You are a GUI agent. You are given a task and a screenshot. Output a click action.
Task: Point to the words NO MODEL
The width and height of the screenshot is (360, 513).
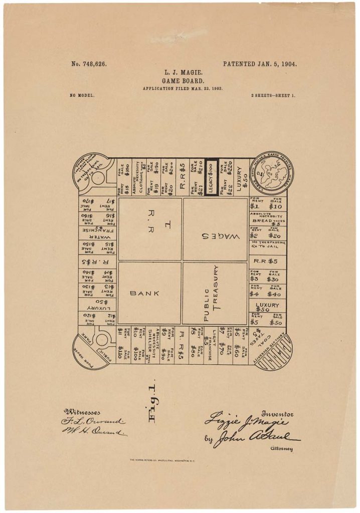82,95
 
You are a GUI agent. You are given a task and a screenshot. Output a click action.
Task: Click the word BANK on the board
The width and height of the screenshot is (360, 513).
144,294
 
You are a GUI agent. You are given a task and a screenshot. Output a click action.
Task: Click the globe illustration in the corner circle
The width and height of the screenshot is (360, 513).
271,174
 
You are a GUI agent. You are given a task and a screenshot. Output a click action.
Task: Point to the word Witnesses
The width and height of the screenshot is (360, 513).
82,412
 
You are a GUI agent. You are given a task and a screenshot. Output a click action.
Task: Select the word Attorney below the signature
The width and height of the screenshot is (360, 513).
280,449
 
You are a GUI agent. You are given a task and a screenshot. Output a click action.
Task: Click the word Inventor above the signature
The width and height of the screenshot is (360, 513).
277,414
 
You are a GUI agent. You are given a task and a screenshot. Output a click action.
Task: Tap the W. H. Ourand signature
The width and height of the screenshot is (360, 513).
95,431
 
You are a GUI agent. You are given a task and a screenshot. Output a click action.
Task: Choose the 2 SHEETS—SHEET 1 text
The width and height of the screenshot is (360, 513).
273,95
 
